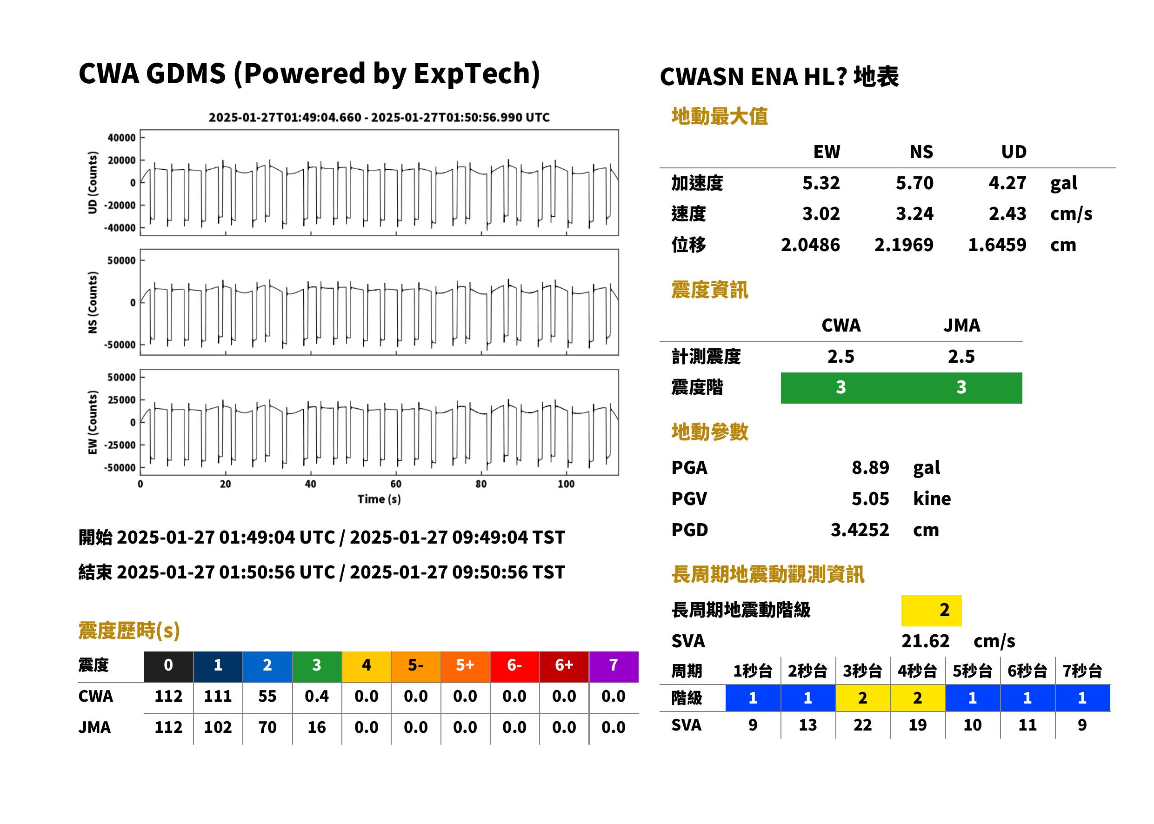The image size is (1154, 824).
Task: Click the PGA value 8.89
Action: tap(870, 467)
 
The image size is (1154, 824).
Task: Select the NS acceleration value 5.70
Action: tap(914, 183)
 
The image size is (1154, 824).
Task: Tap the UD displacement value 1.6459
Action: tap(997, 245)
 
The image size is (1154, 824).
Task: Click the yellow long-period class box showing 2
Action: tap(931, 610)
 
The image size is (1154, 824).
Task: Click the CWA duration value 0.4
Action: tap(317, 696)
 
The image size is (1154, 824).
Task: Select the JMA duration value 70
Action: tap(267, 727)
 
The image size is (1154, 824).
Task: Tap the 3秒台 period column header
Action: tap(862, 671)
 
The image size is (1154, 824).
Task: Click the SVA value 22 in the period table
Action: tap(862, 725)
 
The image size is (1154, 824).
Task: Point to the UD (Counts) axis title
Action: tap(93, 182)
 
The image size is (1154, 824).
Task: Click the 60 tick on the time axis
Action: tap(396, 484)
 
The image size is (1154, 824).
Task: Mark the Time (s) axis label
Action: tap(379, 499)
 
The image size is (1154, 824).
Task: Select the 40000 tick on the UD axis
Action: tap(121, 138)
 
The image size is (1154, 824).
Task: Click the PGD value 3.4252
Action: tap(860, 530)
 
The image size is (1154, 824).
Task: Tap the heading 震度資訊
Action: tap(709, 290)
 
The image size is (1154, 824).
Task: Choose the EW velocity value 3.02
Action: tap(820, 213)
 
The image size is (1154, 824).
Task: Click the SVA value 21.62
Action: tap(925, 641)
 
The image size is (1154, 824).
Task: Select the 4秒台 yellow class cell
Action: tap(918, 698)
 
